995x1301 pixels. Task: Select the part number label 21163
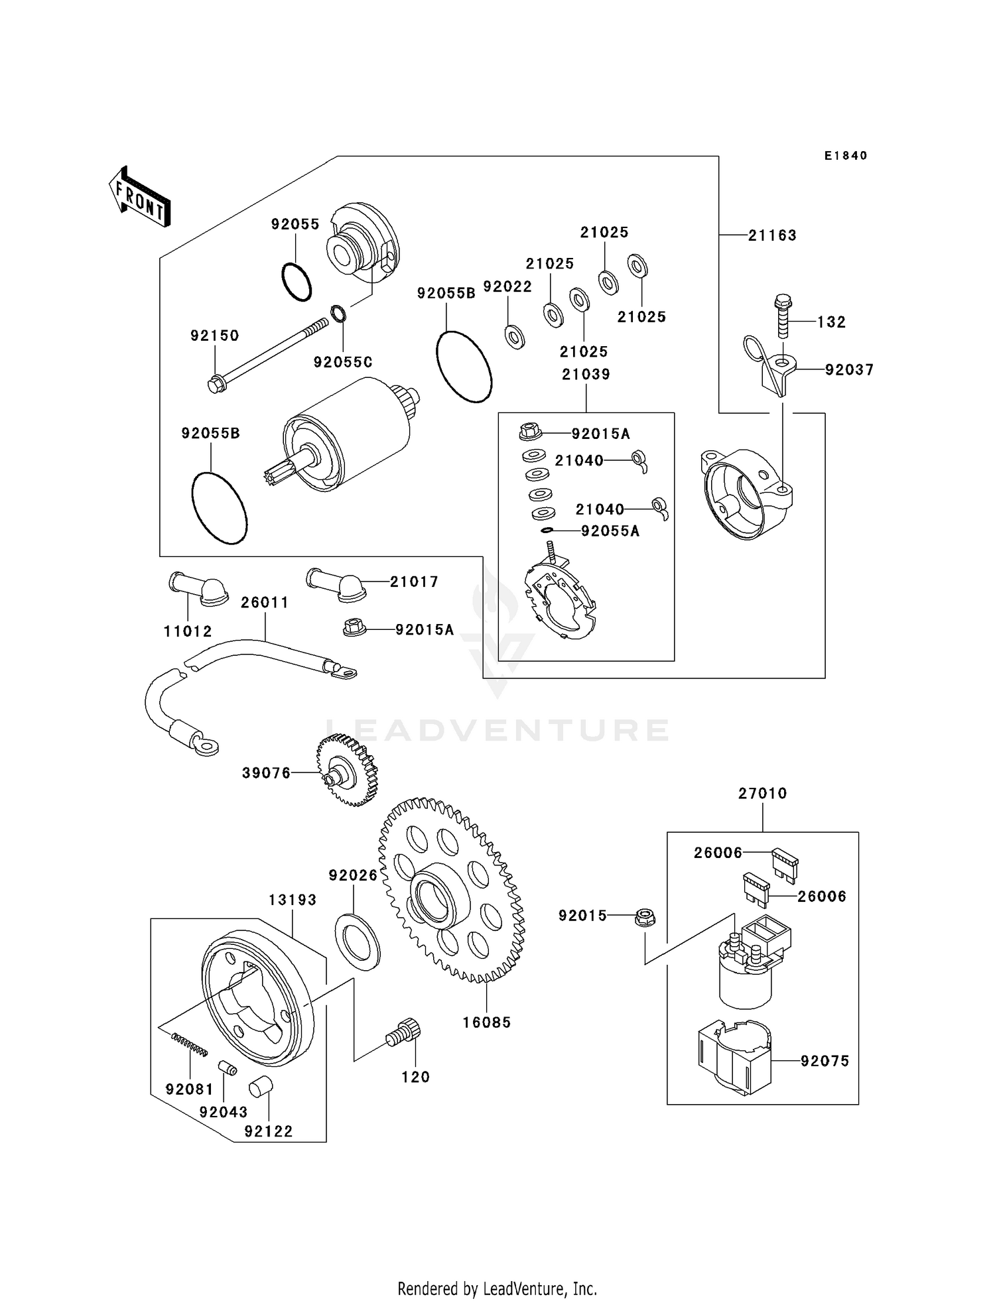[772, 235]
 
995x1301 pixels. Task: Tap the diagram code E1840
[846, 156]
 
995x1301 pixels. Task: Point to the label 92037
[849, 370]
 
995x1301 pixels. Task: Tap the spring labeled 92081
[190, 1046]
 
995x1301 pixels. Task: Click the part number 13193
[293, 900]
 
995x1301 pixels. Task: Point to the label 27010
[762, 793]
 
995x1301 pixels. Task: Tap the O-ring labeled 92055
[297, 282]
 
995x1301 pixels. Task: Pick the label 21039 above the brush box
[586, 375]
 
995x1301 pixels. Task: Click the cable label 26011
[265, 603]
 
